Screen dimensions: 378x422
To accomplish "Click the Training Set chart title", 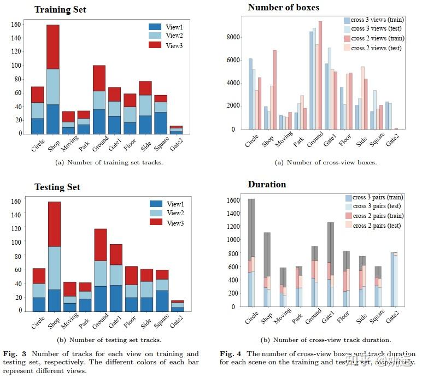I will pos(60,10).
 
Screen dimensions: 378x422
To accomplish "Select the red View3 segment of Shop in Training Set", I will pos(53,46).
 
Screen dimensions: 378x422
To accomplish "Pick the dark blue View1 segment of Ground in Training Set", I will pos(99,121).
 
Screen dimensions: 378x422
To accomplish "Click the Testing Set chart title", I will pos(57,187).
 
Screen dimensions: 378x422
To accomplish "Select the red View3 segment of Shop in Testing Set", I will pos(54,224).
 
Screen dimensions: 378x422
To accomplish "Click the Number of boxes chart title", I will pos(283,7).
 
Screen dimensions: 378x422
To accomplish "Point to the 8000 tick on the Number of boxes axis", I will pos(235,37).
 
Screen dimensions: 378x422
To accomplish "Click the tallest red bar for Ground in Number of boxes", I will pos(320,75).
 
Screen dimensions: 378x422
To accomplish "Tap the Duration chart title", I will pos(267,184).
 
